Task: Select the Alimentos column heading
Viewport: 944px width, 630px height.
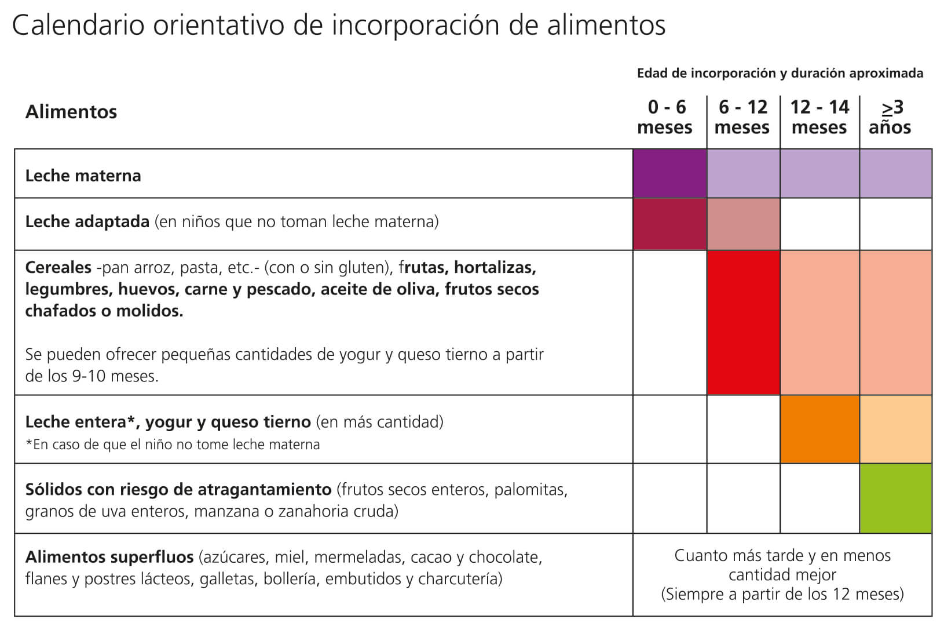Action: pyautogui.click(x=71, y=111)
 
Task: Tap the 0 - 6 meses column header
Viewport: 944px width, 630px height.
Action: pyautogui.click(x=665, y=117)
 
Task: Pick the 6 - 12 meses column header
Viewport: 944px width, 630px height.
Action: pyautogui.click(x=742, y=117)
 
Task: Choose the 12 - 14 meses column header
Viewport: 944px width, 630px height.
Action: pyautogui.click(x=819, y=117)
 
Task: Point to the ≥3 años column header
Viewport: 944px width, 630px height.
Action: pyautogui.click(x=890, y=117)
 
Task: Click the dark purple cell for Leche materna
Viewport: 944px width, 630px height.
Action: pyautogui.click(x=669, y=173)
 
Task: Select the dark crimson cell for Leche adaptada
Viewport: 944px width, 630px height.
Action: pyautogui.click(x=669, y=224)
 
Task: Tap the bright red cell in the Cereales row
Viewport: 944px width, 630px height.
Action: pyautogui.click(x=743, y=323)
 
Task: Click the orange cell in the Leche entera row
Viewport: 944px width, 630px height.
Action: pyautogui.click(x=819, y=429)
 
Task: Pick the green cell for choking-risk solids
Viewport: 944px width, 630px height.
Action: pyautogui.click(x=895, y=498)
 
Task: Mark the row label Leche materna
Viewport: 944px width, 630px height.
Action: pyautogui.click(x=83, y=176)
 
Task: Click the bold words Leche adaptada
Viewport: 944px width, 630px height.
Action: pyautogui.click(x=87, y=222)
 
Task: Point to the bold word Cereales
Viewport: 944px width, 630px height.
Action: pyautogui.click(x=58, y=268)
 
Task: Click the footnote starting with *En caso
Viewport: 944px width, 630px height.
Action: pyautogui.click(x=172, y=445)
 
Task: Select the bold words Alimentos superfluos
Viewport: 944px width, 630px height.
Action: pyautogui.click(x=109, y=558)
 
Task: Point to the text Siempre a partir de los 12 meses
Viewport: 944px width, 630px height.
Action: pyautogui.click(x=782, y=594)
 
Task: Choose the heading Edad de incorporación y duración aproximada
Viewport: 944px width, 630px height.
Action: pyautogui.click(x=780, y=74)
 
